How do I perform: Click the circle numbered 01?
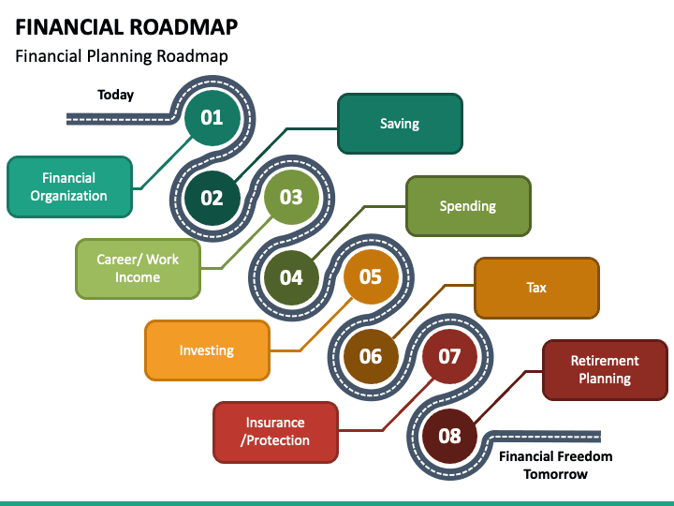coord(212,117)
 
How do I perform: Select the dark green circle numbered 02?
coord(212,198)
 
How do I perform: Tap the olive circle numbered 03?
coord(291,197)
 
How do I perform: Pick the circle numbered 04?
coord(291,277)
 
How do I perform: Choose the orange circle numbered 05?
coord(371,276)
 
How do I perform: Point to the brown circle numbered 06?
coord(371,356)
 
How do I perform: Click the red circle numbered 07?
coord(450,356)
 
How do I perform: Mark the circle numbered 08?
coord(450,436)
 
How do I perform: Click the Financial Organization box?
coord(69,187)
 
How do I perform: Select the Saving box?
coord(400,124)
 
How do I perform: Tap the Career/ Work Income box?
coord(138,269)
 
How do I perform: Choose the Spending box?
coord(468,206)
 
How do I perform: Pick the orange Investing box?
coord(207,350)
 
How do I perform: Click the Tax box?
coord(536,288)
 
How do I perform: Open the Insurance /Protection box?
coord(275,432)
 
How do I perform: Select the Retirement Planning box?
coord(605,370)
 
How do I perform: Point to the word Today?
coord(116,95)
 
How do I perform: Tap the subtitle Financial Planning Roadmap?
coord(122,56)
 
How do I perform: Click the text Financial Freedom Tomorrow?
coord(556,465)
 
